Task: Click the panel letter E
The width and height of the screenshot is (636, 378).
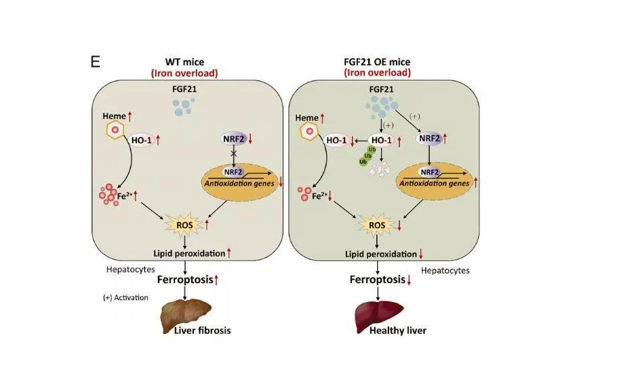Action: [96, 62]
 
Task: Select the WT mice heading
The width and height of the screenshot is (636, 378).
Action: [184, 62]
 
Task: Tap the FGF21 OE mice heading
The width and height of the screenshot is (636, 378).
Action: [377, 62]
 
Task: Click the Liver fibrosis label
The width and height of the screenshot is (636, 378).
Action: [203, 331]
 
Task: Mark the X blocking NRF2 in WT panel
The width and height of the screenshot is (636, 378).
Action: [234, 154]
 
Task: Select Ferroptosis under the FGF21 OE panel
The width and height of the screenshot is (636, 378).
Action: [377, 279]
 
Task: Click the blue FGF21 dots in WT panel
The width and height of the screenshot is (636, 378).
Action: [182, 105]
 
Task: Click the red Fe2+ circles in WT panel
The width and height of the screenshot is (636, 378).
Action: [110, 195]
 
